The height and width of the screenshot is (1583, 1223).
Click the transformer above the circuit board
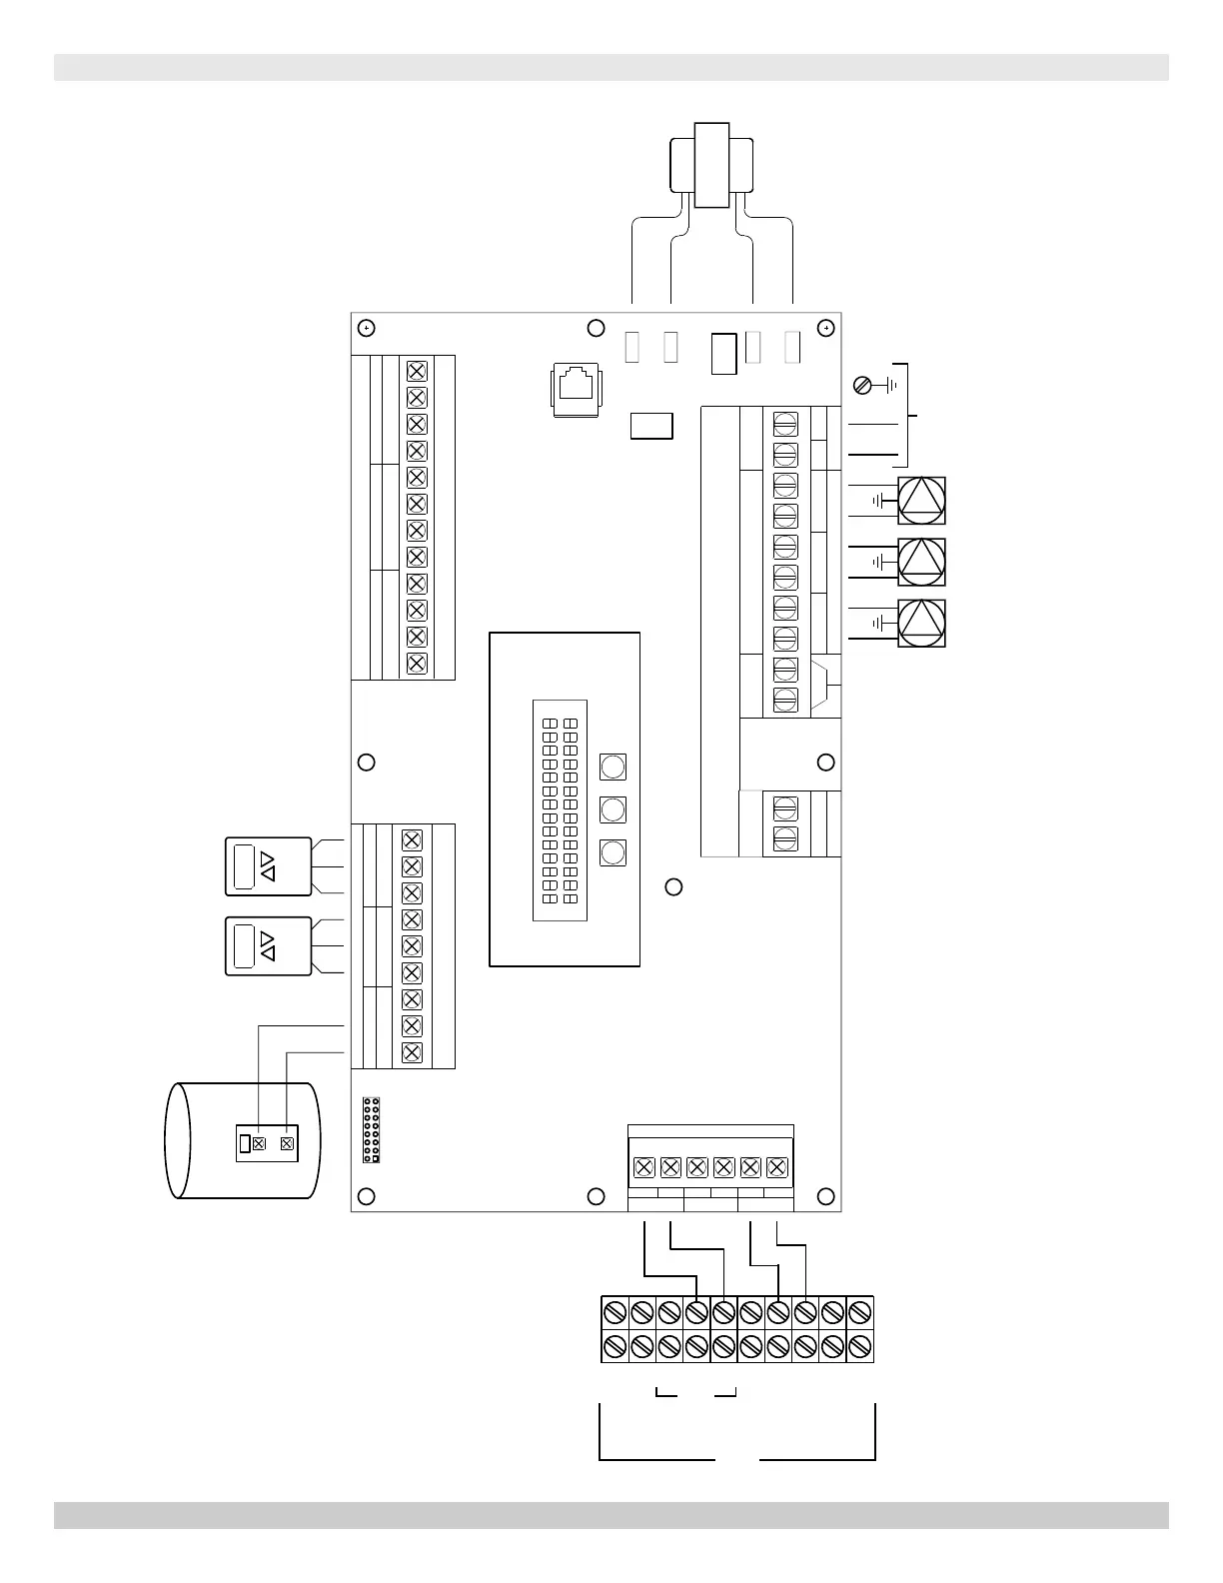(x=711, y=165)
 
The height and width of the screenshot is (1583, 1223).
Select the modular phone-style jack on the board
(x=575, y=388)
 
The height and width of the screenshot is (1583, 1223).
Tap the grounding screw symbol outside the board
(x=864, y=384)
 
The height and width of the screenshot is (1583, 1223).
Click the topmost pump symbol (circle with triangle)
(x=921, y=501)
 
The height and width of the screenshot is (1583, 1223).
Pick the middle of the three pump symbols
(x=921, y=562)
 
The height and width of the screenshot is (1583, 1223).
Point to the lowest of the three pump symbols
(x=921, y=623)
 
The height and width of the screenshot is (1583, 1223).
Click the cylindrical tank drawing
(x=243, y=1140)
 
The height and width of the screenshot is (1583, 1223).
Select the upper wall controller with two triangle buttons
(x=268, y=866)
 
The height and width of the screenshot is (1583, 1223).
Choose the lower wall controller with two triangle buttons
(x=268, y=945)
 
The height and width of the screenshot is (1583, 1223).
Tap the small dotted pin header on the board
(x=371, y=1129)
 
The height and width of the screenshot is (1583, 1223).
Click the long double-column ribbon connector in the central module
(x=560, y=809)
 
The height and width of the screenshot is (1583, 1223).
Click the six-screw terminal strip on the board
(x=710, y=1166)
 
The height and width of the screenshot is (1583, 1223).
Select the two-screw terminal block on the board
(x=785, y=822)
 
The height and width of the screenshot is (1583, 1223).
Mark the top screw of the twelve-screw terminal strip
(x=417, y=371)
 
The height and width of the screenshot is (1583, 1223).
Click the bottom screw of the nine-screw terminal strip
(x=412, y=1052)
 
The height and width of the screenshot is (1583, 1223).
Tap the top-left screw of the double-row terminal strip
(x=615, y=1310)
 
